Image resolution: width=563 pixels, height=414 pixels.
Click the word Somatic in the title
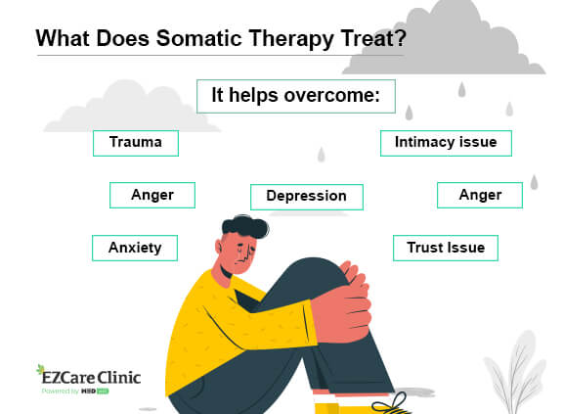click(x=199, y=38)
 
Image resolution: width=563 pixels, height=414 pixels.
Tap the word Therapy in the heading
click(x=291, y=39)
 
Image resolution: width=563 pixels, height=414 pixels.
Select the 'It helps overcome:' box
click(x=296, y=96)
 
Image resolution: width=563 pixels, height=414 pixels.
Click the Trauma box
click(x=136, y=143)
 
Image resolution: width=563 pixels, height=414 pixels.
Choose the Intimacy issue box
click(x=446, y=143)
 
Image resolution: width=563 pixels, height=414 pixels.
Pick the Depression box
click(x=307, y=197)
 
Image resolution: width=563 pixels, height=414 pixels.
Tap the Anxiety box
click(x=135, y=248)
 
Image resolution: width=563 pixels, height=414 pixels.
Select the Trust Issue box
click(x=446, y=248)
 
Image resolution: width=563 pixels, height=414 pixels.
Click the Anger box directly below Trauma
click(x=152, y=195)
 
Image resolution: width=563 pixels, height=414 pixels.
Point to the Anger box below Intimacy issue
click(x=480, y=195)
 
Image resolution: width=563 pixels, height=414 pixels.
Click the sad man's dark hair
click(x=245, y=226)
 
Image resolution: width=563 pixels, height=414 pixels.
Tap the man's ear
click(x=219, y=248)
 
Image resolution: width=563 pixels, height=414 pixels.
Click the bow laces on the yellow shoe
click(x=391, y=403)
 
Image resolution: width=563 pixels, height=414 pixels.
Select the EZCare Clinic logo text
click(x=91, y=378)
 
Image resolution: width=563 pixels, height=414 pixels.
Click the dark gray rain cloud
click(x=446, y=39)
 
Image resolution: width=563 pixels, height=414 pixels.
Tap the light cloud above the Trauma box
click(x=131, y=108)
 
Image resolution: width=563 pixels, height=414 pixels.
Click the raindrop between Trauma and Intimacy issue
click(x=322, y=155)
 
